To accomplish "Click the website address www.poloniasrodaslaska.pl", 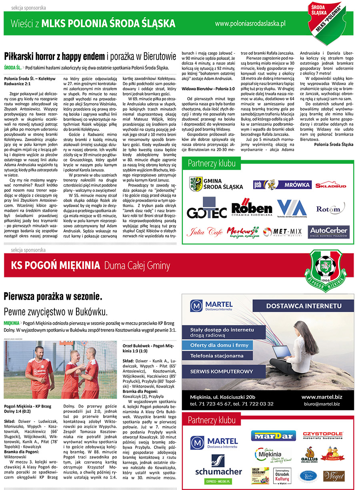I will [x=250, y=24].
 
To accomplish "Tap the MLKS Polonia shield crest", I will [x=328, y=22].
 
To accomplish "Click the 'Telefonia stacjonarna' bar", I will [x=216, y=355].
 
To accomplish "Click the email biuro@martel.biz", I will [x=321, y=404].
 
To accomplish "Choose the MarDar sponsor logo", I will [x=274, y=436].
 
